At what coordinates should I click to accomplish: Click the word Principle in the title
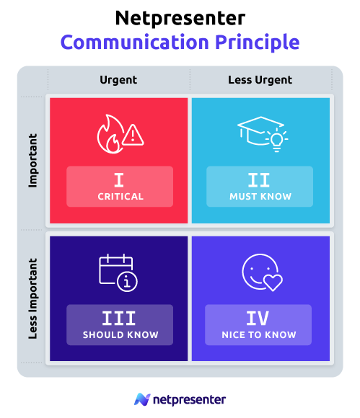[257, 42]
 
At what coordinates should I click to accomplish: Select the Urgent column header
[118, 80]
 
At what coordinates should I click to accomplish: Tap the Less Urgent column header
[260, 80]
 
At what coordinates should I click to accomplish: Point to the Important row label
[32, 160]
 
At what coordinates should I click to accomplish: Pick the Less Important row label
[32, 298]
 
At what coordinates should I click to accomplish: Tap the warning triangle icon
[133, 134]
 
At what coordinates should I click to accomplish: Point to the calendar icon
[115, 271]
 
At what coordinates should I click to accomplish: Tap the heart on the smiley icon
[273, 282]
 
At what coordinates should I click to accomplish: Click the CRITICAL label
[120, 197]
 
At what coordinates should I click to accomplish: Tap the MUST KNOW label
[260, 197]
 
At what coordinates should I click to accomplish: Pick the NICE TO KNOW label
[259, 335]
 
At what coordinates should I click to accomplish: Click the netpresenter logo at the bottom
[180, 399]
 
